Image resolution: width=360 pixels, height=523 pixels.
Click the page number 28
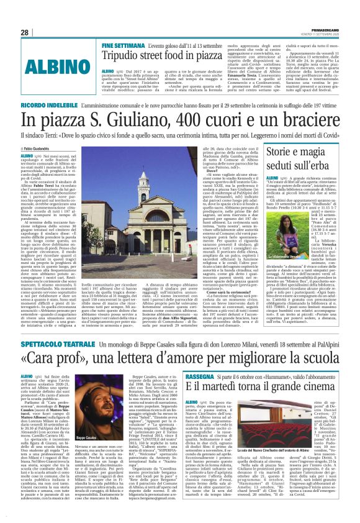tap(25, 32)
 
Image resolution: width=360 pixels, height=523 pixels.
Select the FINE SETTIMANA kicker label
tap(125, 46)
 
